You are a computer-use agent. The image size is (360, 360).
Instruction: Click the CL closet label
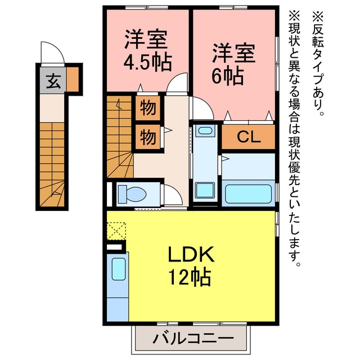248,137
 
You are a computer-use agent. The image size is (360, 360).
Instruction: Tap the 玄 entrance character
52,82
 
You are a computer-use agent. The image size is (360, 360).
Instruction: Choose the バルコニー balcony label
190,339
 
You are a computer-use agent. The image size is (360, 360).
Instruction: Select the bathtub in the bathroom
249,193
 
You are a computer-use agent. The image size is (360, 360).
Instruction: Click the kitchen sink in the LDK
118,269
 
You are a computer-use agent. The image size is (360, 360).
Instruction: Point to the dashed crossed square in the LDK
117,231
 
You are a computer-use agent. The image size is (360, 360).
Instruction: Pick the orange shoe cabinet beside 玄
73,79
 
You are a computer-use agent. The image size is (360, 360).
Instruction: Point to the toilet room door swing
173,195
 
